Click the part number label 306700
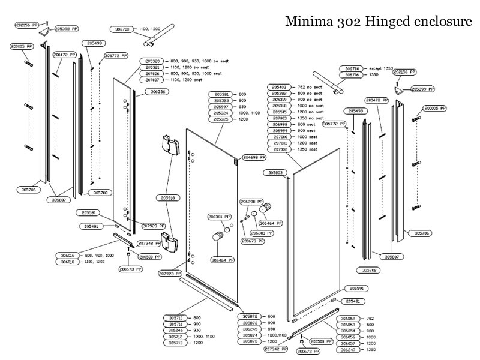pos(123,28)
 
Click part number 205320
pos(154,61)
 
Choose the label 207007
pos(154,79)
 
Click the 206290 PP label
pos(252,202)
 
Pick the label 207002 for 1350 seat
pos(284,149)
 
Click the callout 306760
pos(352,68)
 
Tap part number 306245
pos(251,329)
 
